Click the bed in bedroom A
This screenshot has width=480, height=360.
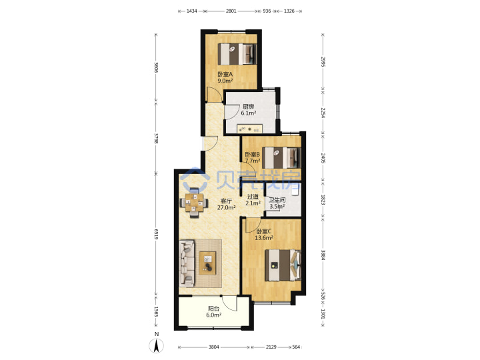pos(237,54)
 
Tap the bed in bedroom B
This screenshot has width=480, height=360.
pos(281,158)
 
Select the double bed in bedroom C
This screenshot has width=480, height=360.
pos(283,265)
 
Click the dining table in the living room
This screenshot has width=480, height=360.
pos(194,203)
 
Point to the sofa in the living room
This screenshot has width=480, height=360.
pos(187,263)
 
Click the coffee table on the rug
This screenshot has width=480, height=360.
pos(207,263)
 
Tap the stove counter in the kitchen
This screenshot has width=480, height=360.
pos(249,129)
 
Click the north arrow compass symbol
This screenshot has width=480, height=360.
pos(157,346)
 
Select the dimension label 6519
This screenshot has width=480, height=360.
pos(156,234)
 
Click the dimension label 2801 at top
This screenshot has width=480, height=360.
pos(231,11)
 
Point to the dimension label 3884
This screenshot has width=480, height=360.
pos(323,255)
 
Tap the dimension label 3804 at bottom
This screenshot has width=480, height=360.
pos(214,347)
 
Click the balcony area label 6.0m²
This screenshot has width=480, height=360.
pos(214,315)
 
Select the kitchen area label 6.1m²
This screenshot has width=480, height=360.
pos(248,113)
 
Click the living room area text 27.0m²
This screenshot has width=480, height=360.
pos(226,207)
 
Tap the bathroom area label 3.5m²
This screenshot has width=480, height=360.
pos(277,206)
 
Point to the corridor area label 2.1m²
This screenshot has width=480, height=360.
pos(253,203)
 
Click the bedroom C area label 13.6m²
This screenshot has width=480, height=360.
pos(264,237)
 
